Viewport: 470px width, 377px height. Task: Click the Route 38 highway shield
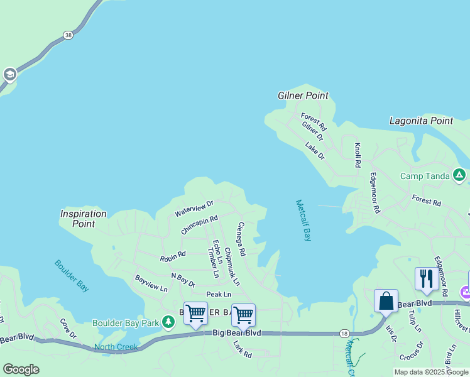(x=68, y=36)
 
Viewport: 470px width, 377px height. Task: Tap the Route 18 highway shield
(x=344, y=333)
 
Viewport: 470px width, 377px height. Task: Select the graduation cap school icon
(x=9, y=75)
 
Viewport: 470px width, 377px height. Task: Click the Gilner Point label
(x=303, y=96)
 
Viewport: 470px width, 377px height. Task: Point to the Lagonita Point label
(x=421, y=121)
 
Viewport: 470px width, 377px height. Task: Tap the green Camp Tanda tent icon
(x=459, y=175)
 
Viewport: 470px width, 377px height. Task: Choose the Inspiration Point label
(x=83, y=219)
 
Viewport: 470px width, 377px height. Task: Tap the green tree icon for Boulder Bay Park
(x=168, y=323)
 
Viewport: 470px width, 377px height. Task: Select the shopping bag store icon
(x=386, y=300)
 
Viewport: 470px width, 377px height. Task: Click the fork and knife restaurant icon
(x=426, y=278)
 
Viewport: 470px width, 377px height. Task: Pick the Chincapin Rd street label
(x=199, y=226)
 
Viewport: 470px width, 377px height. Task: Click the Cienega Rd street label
(x=241, y=239)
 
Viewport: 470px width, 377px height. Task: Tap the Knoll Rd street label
(x=358, y=155)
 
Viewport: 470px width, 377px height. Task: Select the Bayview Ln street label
(x=151, y=283)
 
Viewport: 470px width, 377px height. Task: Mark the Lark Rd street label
(x=242, y=349)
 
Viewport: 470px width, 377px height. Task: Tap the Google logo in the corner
(x=21, y=369)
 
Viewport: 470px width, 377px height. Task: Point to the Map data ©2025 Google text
(x=431, y=372)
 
